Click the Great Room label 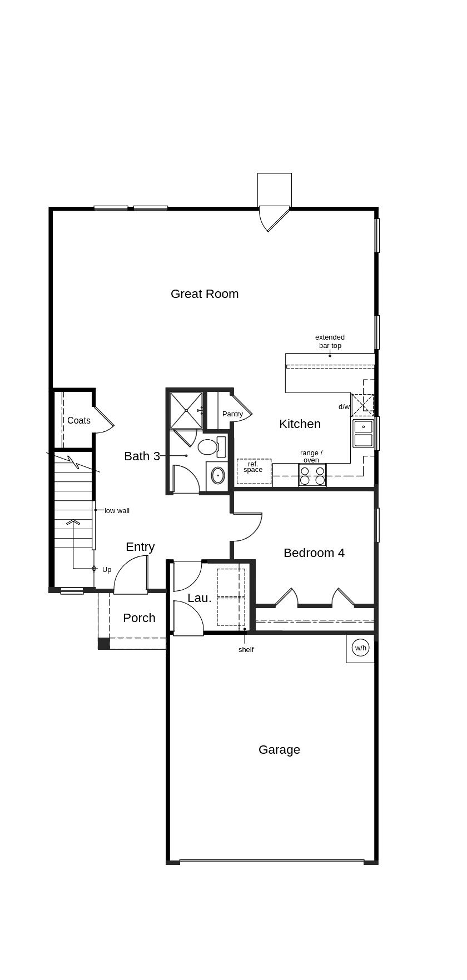tap(205, 294)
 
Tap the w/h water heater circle tap(361, 648)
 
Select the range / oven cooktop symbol tap(312, 475)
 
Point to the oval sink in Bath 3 tap(217, 475)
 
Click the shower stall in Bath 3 tap(186, 410)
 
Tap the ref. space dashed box tap(254, 471)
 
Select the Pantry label tap(232, 414)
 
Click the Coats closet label tap(79, 421)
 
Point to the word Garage tap(279, 750)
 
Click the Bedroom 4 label tap(314, 553)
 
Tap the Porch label tap(139, 618)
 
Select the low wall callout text tap(117, 511)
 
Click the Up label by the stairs tap(107, 570)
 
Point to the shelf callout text tap(246, 650)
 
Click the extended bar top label tap(330, 341)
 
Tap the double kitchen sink tap(363, 434)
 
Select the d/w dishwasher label tap(344, 407)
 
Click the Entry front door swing tap(131, 576)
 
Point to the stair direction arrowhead tap(73, 522)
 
